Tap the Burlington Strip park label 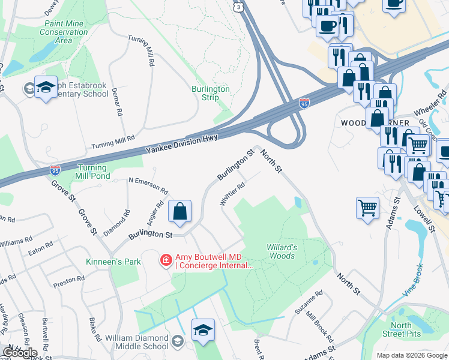pyautogui.click(x=211, y=93)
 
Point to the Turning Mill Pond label pyautogui.click(x=92, y=172)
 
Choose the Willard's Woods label pyautogui.click(x=281, y=251)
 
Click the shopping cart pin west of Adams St pyautogui.click(x=367, y=209)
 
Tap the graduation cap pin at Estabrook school pyautogui.click(x=46, y=87)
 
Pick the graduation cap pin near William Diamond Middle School pyautogui.click(x=203, y=330)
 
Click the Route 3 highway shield pyautogui.click(x=239, y=6)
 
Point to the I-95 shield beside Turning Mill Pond pyautogui.click(x=55, y=171)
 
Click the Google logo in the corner pyautogui.click(x=20, y=353)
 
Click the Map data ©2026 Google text pyautogui.click(x=411, y=355)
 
